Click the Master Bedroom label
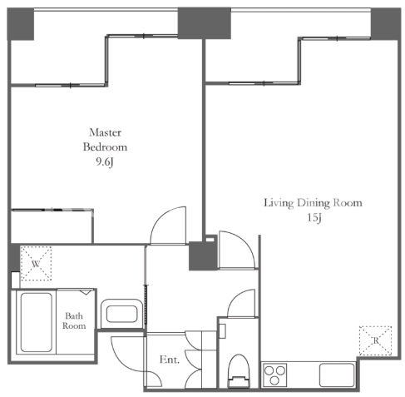tap(105, 140)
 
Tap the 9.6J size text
tap(105, 162)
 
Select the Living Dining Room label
tap(313, 203)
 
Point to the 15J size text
tap(314, 218)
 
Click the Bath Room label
tap(74, 320)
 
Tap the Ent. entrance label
tap(170, 360)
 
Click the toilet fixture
tap(239, 371)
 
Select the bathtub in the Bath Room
tap(37, 322)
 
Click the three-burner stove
tap(274, 375)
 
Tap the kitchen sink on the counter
tap(337, 375)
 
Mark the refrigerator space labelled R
tap(375, 340)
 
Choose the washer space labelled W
tap(37, 263)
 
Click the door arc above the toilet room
tap(238, 297)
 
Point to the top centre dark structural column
tap(205, 23)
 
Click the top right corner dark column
tap(386, 24)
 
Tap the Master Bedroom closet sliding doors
tap(52, 210)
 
